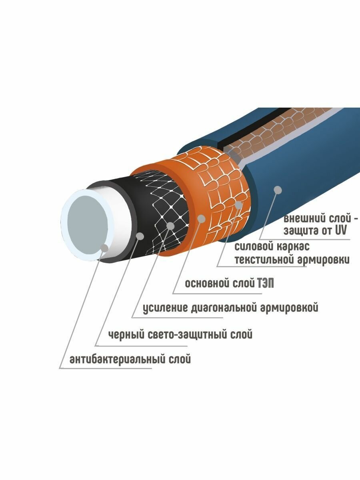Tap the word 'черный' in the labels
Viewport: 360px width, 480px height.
pos(124,334)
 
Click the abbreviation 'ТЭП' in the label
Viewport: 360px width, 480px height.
pos(265,284)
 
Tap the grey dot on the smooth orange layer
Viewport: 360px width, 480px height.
pos(202,218)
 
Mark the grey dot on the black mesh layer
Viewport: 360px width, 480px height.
pos(171,226)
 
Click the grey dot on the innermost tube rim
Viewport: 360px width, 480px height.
pos(105,248)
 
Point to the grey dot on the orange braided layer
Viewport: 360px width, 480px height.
pos(239,205)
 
